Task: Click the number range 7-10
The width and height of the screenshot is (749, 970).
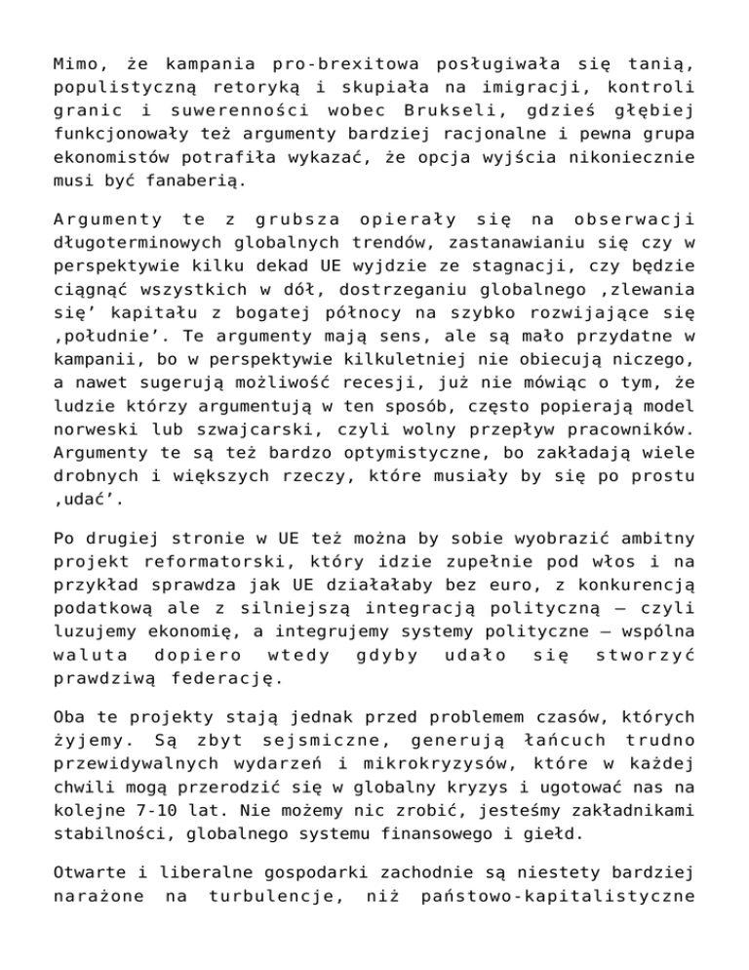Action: click(x=151, y=808)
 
